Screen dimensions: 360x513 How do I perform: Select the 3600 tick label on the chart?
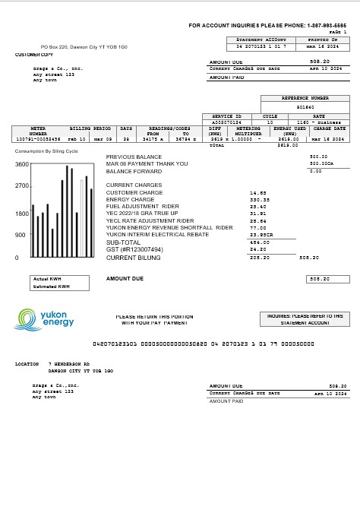point(21,164)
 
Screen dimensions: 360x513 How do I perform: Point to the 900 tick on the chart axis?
point(21,235)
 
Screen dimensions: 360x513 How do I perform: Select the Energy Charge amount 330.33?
point(259,200)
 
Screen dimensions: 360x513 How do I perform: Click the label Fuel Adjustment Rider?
point(143,207)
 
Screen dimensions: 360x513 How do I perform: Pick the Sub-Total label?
point(123,242)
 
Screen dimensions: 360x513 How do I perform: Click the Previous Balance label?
point(134,157)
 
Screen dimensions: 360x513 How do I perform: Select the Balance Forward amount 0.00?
point(316,171)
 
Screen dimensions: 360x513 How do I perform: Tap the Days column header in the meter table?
point(126,129)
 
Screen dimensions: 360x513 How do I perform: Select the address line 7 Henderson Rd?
point(69,364)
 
